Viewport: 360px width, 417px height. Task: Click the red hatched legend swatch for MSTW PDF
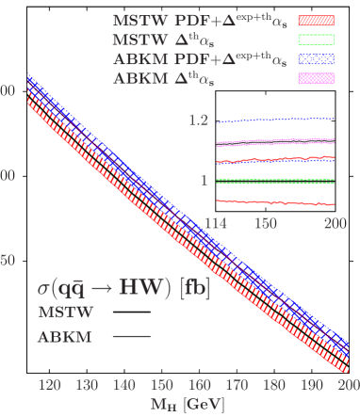pos(317,20)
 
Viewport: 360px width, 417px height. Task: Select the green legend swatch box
pos(317,40)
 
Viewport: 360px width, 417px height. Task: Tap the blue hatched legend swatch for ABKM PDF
pos(317,59)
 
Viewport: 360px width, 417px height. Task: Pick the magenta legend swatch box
pos(317,78)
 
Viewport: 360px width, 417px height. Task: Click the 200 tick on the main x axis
pos(348,386)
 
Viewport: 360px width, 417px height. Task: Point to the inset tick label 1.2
pos(197,121)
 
